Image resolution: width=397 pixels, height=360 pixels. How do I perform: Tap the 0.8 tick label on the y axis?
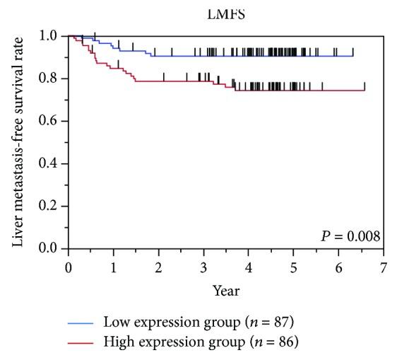(x=49, y=79)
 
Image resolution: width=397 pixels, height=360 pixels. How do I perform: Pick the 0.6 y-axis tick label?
(x=49, y=121)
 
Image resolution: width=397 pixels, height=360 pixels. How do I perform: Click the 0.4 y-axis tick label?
(x=49, y=163)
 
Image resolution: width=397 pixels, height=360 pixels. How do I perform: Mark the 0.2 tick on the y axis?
(x=49, y=206)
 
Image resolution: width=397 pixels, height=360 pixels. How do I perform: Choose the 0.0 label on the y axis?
(x=49, y=248)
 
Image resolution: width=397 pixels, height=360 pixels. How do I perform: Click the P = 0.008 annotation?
(x=351, y=236)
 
